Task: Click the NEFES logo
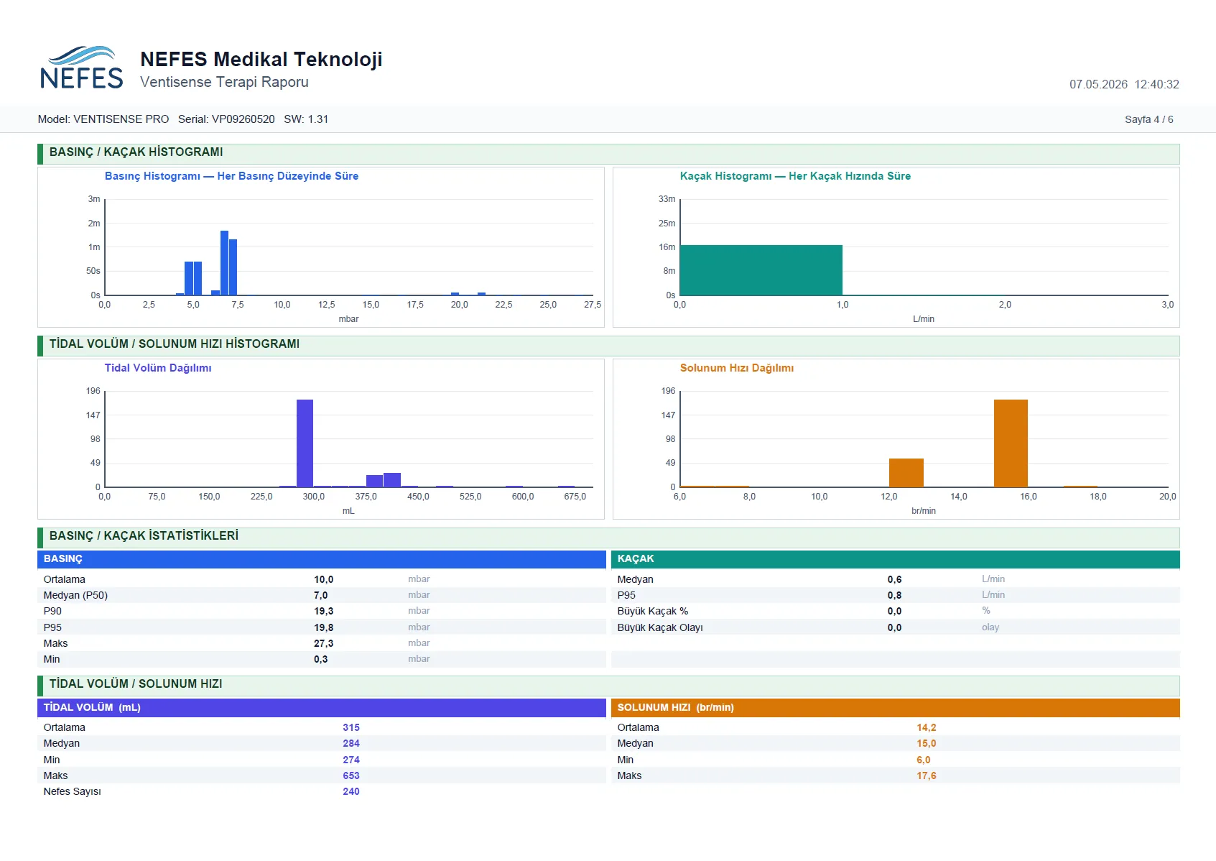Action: (81, 68)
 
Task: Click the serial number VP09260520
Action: (243, 119)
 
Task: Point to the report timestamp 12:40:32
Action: (1156, 84)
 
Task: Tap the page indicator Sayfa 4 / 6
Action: (1148, 119)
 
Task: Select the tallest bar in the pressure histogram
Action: (224, 263)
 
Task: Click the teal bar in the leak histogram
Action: (761, 270)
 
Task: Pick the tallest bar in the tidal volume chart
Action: (305, 443)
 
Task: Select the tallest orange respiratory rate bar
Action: (1011, 443)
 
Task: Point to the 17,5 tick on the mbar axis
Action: (414, 305)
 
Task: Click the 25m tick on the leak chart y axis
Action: (667, 224)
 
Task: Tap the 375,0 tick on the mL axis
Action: (366, 497)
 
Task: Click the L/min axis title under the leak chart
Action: (924, 319)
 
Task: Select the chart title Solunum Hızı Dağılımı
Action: (737, 368)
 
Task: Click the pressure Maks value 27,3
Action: (323, 643)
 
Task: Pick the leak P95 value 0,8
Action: (895, 595)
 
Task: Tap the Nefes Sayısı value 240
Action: (351, 791)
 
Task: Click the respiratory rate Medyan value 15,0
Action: (926, 743)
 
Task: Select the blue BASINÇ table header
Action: (321, 559)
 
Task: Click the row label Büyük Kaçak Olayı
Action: (659, 627)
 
